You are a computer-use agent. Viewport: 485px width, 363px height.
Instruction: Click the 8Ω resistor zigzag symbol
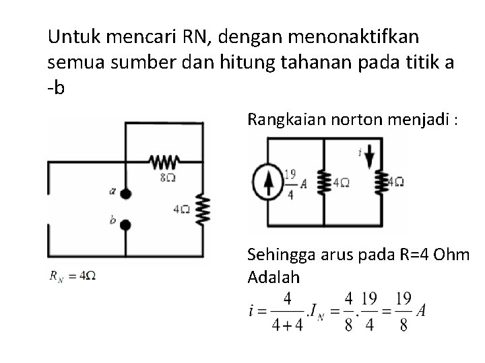164,162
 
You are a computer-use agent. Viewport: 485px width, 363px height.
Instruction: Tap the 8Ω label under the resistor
168,177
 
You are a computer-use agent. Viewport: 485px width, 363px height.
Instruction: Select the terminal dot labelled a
126,193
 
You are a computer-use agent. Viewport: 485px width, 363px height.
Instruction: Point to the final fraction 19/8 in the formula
403,311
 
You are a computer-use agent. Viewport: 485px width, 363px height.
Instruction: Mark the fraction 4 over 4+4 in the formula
286,311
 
